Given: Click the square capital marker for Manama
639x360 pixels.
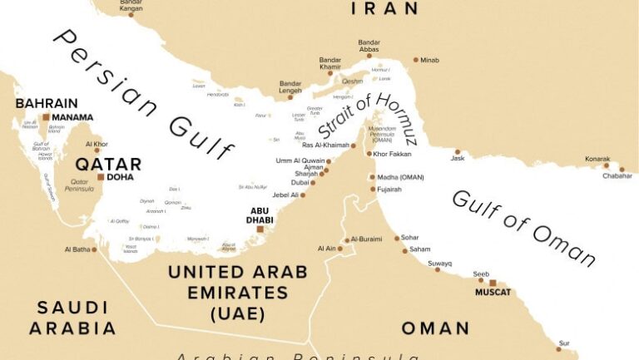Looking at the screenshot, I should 47,118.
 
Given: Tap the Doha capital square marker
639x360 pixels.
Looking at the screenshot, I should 101,177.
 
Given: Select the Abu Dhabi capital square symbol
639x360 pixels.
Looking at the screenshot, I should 260,229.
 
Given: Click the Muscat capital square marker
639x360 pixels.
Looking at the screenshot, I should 493,283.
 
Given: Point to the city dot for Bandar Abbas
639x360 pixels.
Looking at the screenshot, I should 369,56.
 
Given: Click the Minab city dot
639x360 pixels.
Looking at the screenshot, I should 416,60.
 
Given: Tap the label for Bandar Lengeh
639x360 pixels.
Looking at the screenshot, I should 290,87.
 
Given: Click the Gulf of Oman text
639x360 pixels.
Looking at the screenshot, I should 523,227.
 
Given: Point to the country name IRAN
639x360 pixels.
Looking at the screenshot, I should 384,8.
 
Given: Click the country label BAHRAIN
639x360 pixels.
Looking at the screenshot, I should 47,103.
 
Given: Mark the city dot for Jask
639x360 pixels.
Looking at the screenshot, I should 457,152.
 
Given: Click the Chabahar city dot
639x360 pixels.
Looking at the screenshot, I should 621,169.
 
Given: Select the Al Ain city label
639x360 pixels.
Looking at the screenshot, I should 326,249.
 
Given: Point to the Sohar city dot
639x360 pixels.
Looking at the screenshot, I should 396,238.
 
